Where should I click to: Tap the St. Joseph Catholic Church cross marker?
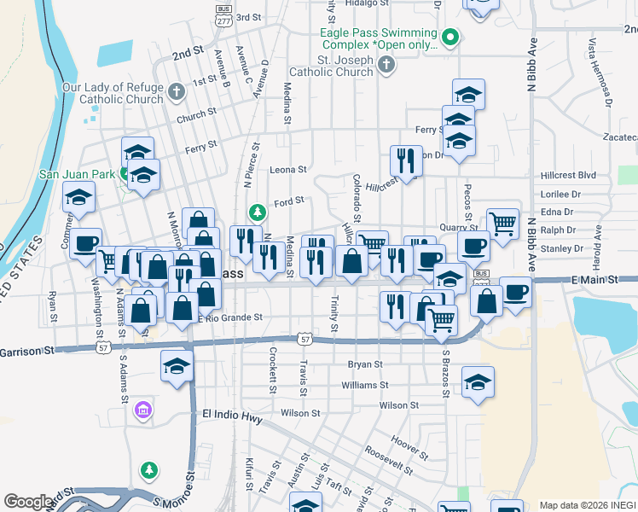point(386,65)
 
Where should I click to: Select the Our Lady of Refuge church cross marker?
point(176,91)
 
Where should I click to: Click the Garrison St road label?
point(26,351)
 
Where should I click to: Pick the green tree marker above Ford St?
point(256,211)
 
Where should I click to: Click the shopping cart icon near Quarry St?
point(502,224)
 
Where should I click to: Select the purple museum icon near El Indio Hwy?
point(142,411)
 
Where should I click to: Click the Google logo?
point(28,502)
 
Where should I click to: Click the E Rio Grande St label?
point(229,318)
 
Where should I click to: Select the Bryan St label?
point(365,364)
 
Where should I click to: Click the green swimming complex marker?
point(450,37)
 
